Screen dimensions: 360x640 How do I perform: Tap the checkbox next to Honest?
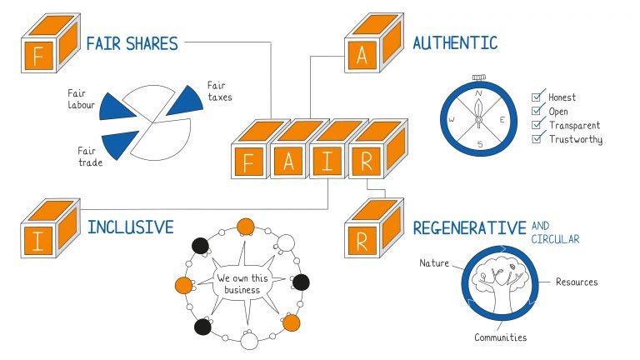pyautogui.click(x=537, y=97)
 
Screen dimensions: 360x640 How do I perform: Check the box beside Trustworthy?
pyautogui.click(x=537, y=138)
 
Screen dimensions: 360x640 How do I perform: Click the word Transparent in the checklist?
pyautogui.click(x=575, y=125)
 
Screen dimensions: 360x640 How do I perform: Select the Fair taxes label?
pyautogui.click(x=219, y=91)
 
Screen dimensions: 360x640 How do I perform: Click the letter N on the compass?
pyautogui.click(x=478, y=94)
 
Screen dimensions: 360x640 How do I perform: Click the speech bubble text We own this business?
pyautogui.click(x=238, y=283)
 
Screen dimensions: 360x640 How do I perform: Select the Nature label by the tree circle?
pyautogui.click(x=434, y=262)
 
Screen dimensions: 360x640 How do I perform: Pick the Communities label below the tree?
pyautogui.click(x=500, y=337)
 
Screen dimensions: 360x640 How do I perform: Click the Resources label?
pyautogui.click(x=577, y=282)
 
